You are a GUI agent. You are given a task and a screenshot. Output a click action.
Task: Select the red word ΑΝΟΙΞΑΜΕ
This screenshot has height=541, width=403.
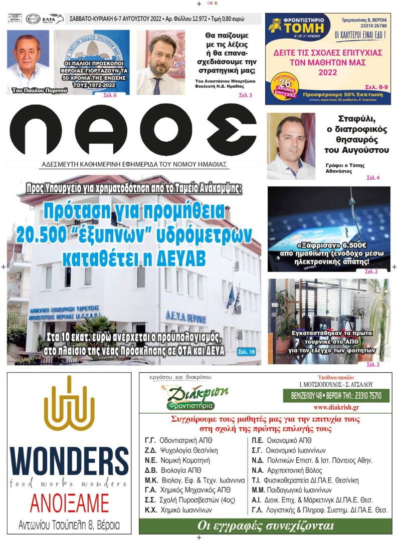pos(69,502)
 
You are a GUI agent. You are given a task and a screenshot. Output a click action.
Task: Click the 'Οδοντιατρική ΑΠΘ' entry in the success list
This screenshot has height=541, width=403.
pos(186,441)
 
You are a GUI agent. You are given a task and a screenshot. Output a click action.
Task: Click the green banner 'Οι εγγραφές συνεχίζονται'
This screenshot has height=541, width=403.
pos(265,526)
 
